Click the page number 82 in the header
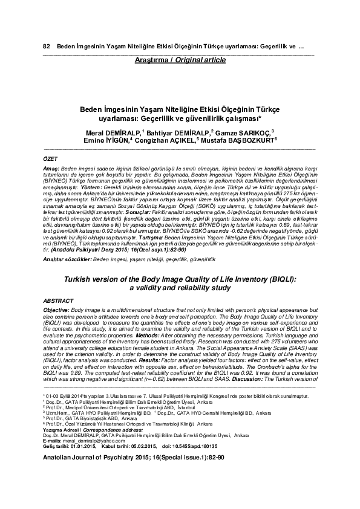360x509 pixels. coord(46,47)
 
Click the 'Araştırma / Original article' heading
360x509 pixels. coord(180,60)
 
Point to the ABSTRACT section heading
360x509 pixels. coord(61,300)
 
